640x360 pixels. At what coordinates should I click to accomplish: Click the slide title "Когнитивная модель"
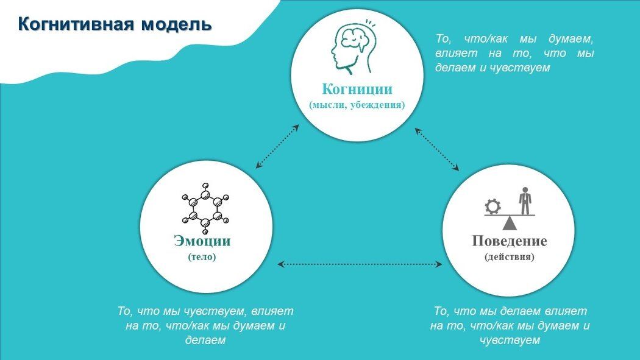[x=115, y=24]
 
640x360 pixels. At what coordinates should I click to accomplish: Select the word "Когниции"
[x=357, y=90]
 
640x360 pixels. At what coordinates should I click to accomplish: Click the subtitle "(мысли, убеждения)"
[x=357, y=105]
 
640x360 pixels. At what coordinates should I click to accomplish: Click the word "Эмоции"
[x=202, y=241]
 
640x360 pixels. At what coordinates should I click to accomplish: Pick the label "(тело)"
[x=202, y=257]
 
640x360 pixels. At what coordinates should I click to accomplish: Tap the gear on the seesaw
[x=492, y=206]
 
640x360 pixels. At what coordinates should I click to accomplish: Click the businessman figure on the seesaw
[x=525, y=199]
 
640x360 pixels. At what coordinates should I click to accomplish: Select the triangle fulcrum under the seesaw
[x=509, y=223]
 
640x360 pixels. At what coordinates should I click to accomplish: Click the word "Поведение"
[x=510, y=241]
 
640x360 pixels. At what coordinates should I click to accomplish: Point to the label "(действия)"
[x=510, y=257]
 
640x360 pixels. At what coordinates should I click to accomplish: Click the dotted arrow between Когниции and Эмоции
[x=277, y=146]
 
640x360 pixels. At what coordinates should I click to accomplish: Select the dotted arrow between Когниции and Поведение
[x=437, y=149]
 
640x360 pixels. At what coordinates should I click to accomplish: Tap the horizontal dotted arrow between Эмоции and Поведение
[x=360, y=264]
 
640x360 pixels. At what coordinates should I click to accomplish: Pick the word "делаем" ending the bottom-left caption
[x=205, y=340]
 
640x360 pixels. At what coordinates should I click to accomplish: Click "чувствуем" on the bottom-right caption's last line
[x=510, y=340]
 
